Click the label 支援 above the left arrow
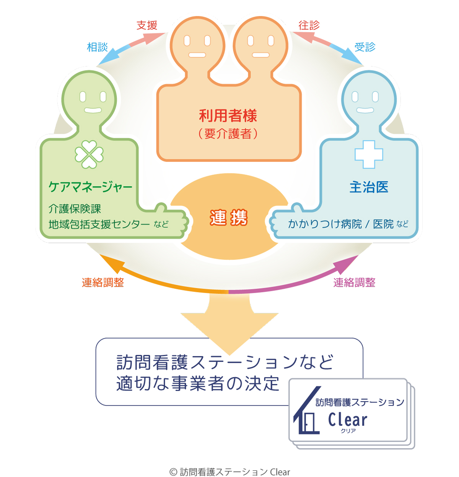pyautogui.click(x=147, y=26)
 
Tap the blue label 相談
pyautogui.click(x=98, y=47)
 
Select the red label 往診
pyautogui.click(x=309, y=26)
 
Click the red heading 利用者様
pyautogui.click(x=228, y=115)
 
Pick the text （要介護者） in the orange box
pyautogui.click(x=228, y=134)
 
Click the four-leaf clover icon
pyautogui.click(x=89, y=154)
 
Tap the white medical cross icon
pyautogui.click(x=369, y=154)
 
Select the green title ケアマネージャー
pyautogui.click(x=90, y=187)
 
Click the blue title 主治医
pyautogui.click(x=369, y=187)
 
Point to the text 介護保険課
pyautogui.click(x=75, y=209)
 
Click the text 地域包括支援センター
pyautogui.click(x=99, y=224)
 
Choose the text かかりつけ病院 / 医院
pyautogui.click(x=340, y=224)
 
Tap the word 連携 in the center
pyautogui.click(x=229, y=218)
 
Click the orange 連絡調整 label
pyautogui.click(x=103, y=282)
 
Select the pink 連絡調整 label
pyautogui.click(x=354, y=282)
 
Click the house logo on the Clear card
pyautogui.click(x=307, y=412)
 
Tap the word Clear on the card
pyautogui.click(x=347, y=420)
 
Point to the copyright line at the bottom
pyautogui.click(x=229, y=472)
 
